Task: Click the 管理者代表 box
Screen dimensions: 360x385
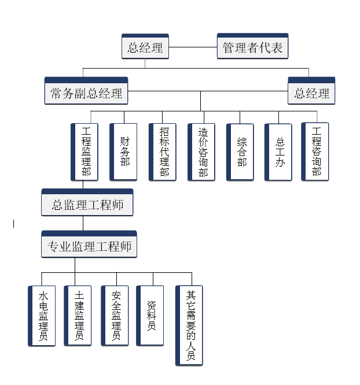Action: pos(252,46)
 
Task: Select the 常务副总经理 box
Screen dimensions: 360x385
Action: pos(86,91)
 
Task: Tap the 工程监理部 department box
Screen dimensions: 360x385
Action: pos(85,152)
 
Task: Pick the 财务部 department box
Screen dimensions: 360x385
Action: pos(123,152)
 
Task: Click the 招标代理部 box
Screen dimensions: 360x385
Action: pos(162,152)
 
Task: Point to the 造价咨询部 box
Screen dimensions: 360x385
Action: pos(201,152)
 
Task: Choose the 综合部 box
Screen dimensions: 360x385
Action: pos(240,152)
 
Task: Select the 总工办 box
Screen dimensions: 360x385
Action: pos(278,152)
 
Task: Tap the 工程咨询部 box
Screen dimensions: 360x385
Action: pos(315,151)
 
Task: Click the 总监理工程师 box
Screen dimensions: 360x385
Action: pos(87,202)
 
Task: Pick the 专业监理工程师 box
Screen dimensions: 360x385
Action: pos(89,244)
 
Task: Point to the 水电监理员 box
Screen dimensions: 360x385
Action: pos(42,316)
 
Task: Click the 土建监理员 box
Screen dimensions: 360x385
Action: pos(78,316)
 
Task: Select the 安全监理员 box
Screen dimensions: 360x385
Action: pos(115,316)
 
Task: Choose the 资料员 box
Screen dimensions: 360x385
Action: pos(150,316)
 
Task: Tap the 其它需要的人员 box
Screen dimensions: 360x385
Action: pos(189,325)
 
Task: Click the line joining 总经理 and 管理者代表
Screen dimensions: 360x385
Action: pos(193,47)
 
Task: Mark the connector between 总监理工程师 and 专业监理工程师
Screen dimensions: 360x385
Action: pos(83,224)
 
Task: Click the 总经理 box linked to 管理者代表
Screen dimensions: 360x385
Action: pos(145,46)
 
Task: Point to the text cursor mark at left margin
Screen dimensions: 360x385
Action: pos(13,224)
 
